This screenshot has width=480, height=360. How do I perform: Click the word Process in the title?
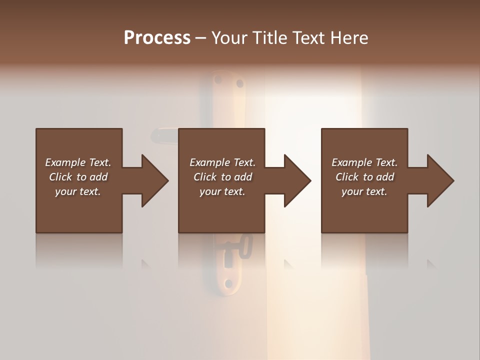[157, 38]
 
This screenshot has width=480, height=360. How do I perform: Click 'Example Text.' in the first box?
[78, 162]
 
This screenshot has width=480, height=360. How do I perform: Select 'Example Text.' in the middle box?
[222, 162]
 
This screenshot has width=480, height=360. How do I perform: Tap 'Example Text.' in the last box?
[364, 162]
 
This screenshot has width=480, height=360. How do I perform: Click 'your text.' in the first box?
[78, 191]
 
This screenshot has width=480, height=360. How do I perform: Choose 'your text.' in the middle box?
[222, 191]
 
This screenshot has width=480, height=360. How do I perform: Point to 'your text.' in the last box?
[364, 191]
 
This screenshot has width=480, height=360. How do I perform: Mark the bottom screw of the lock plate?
[228, 283]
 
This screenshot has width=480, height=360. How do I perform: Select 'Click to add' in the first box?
[78, 177]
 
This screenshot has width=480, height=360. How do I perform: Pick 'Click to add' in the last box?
[364, 177]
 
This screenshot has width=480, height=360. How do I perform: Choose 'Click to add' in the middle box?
[222, 177]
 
